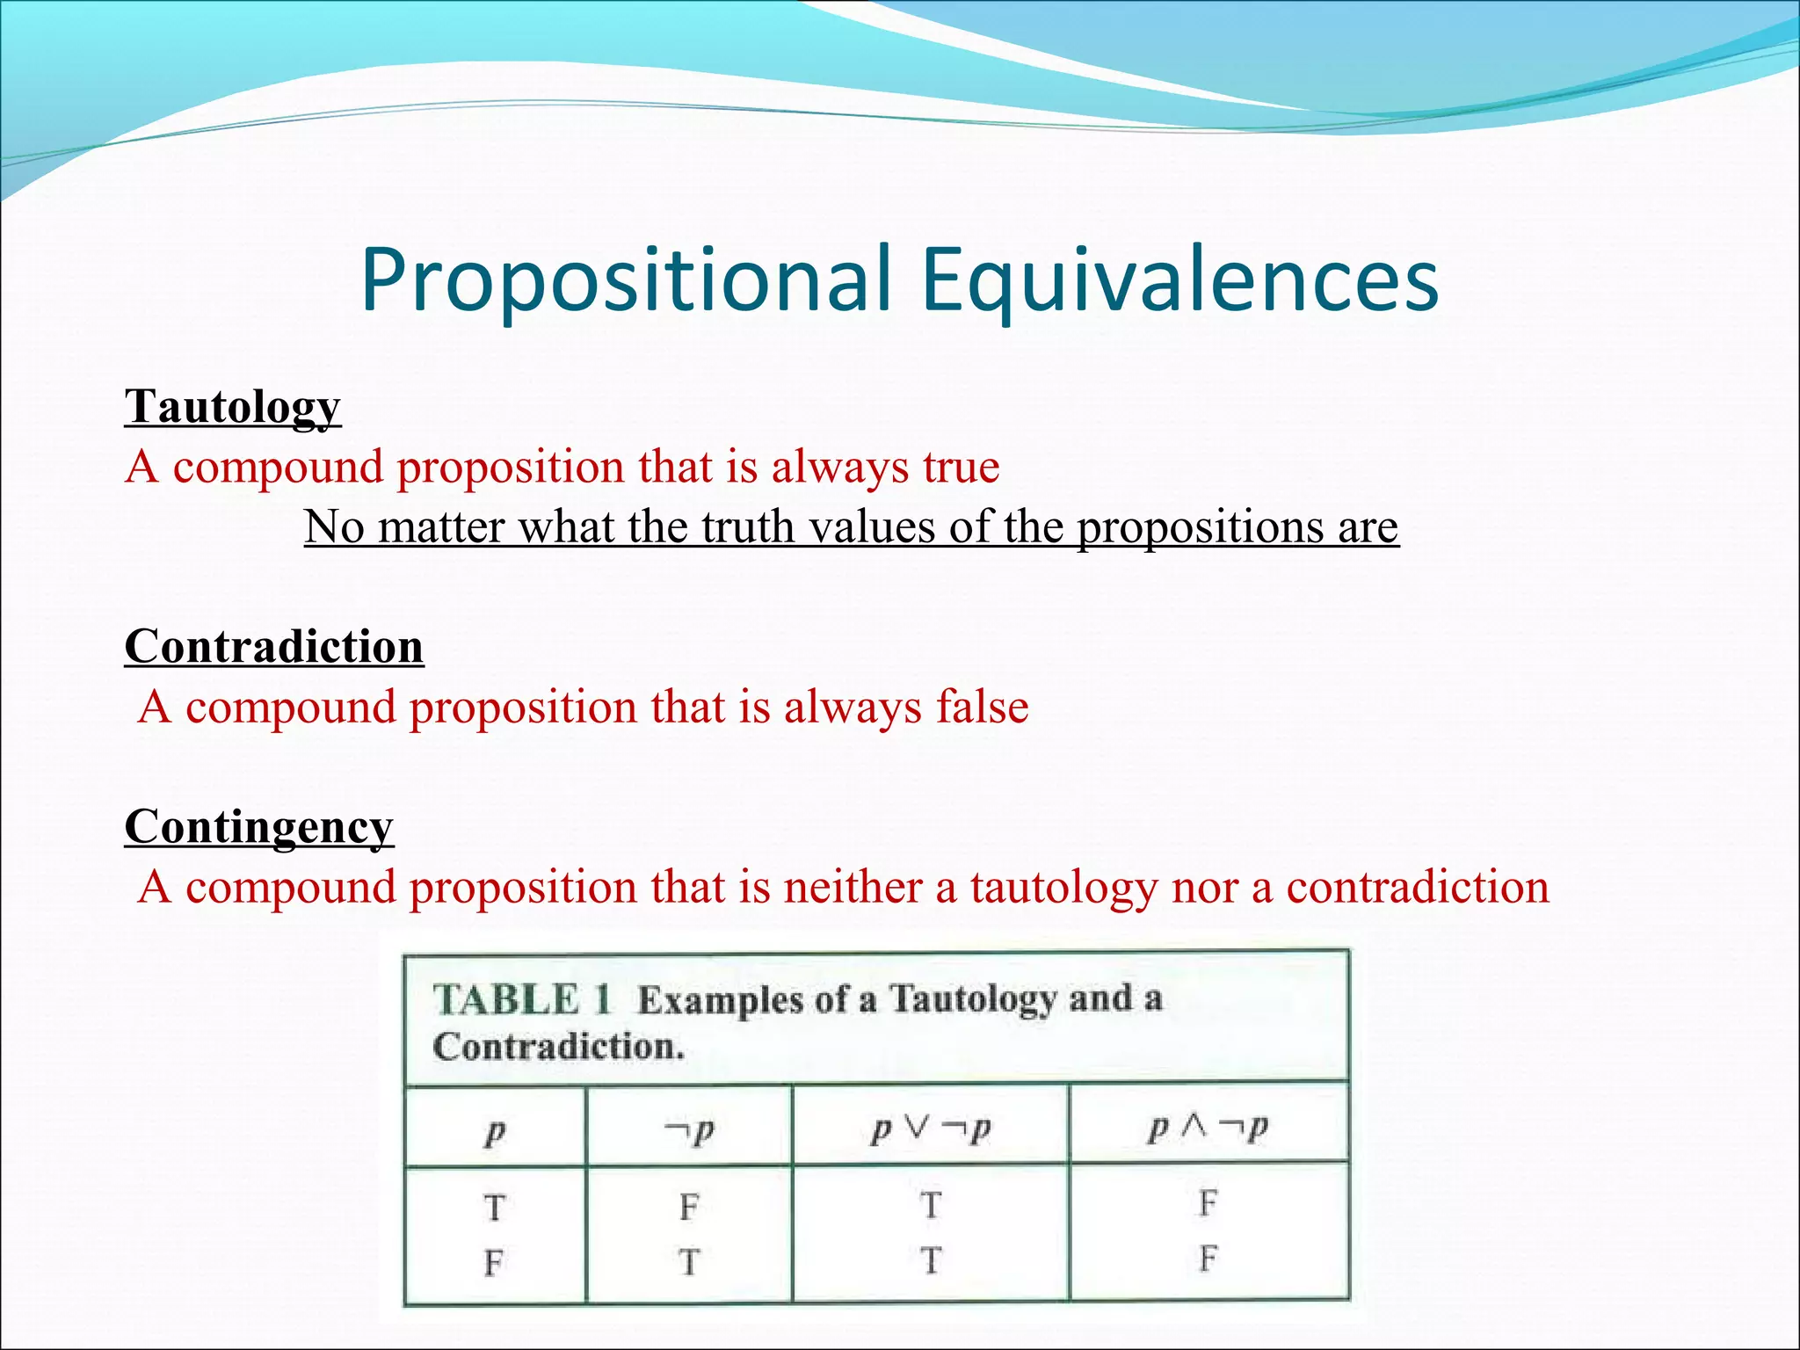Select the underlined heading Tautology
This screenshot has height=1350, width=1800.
click(x=232, y=408)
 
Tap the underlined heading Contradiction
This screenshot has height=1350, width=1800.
click(x=274, y=648)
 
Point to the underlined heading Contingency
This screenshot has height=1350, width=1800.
click(x=258, y=828)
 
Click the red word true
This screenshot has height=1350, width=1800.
click(x=961, y=467)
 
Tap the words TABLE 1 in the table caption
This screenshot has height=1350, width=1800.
click(x=521, y=1000)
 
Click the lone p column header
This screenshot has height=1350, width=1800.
click(x=495, y=1132)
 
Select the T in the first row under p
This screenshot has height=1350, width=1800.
click(x=494, y=1208)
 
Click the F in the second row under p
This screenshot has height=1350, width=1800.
click(x=494, y=1264)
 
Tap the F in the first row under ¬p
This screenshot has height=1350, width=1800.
click(x=689, y=1208)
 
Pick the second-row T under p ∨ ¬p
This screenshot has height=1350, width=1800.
click(x=931, y=1261)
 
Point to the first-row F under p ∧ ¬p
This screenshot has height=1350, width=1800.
click(x=1208, y=1203)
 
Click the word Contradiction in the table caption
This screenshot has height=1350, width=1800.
click(x=557, y=1048)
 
